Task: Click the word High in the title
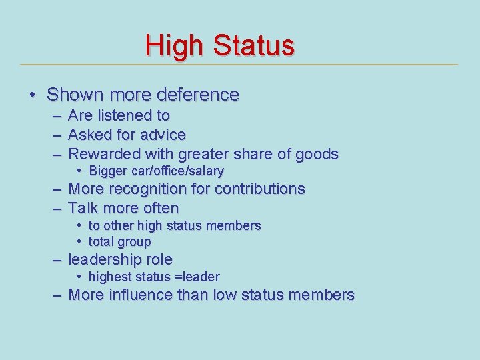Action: click(175, 45)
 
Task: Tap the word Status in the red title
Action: click(253, 45)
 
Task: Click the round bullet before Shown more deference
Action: click(32, 95)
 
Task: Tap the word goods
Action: click(317, 154)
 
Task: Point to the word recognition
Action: click(151, 189)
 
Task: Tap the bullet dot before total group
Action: click(79, 241)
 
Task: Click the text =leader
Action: click(197, 277)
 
